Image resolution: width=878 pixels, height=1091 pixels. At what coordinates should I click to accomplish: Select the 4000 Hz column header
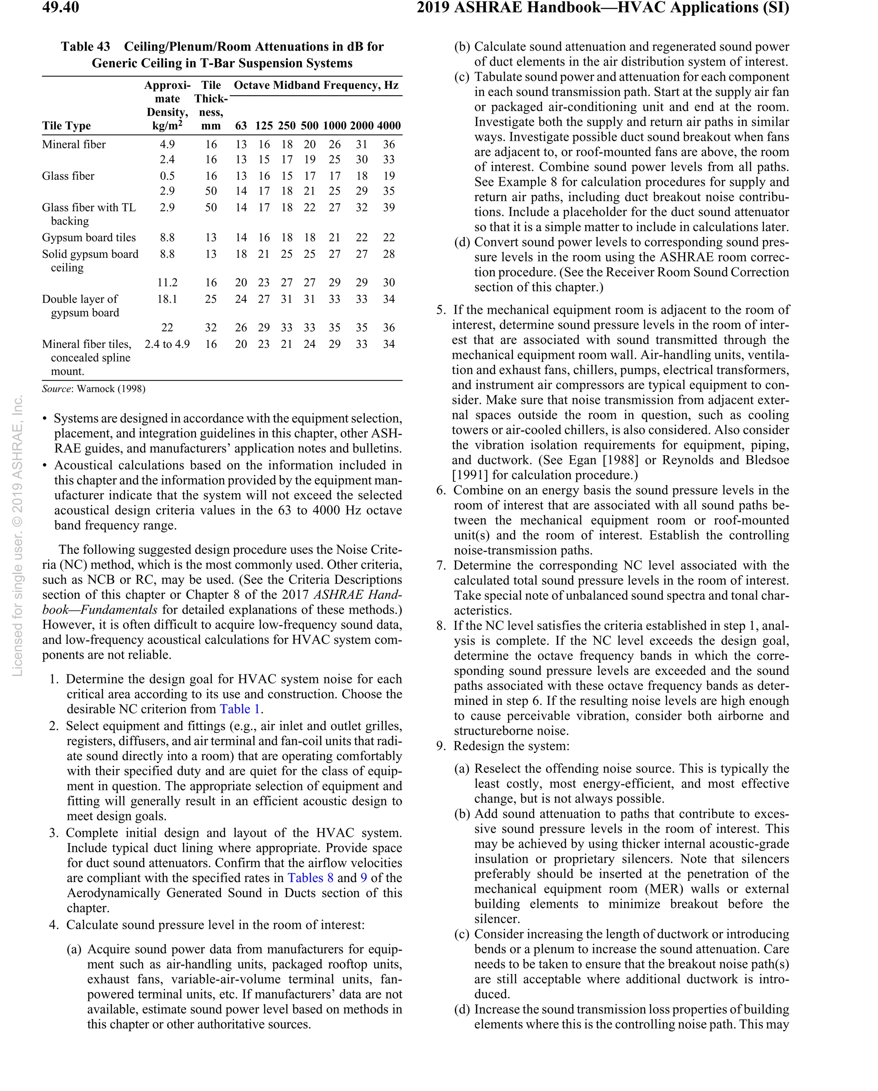(388, 126)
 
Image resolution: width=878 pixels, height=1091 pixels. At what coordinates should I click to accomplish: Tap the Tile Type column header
(66, 126)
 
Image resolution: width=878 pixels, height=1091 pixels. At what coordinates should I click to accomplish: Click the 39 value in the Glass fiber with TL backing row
(388, 208)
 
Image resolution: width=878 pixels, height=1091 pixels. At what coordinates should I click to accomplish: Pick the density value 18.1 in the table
(167, 299)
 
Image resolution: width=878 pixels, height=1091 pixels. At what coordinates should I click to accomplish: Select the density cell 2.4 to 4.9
(167, 344)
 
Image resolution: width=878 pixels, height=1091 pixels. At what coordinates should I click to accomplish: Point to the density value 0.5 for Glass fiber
(167, 176)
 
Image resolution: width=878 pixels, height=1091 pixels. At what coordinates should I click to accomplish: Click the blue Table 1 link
(240, 709)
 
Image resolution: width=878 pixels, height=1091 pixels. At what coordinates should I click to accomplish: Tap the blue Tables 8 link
(310, 878)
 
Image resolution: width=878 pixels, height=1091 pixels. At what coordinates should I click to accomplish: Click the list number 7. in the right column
(441, 565)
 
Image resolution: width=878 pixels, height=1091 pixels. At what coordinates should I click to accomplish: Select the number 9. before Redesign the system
(441, 746)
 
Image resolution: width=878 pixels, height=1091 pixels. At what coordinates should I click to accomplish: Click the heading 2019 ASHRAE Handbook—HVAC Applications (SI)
(602, 8)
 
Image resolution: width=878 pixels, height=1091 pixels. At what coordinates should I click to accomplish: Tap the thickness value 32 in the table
(210, 327)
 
